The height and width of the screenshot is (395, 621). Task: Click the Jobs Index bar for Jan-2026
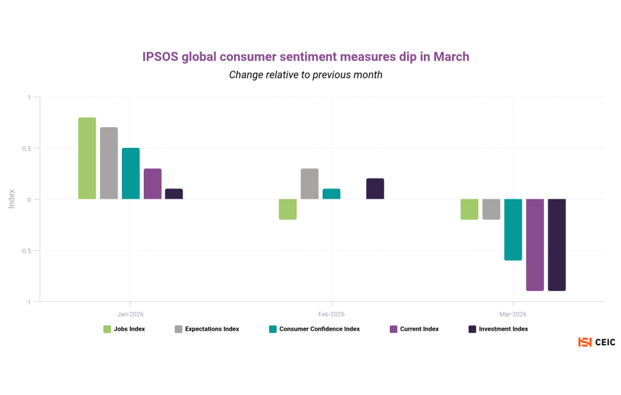click(x=87, y=158)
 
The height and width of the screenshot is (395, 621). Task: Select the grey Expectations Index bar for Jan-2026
click(x=109, y=163)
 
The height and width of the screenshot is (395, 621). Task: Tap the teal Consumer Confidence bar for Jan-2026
click(x=130, y=173)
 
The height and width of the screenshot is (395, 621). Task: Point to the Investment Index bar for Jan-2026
click(x=174, y=194)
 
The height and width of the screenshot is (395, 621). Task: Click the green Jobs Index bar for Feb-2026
click(x=287, y=209)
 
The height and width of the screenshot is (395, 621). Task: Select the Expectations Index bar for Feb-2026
click(x=309, y=184)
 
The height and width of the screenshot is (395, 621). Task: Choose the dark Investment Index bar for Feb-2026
click(x=375, y=188)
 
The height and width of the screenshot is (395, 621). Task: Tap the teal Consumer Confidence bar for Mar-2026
click(x=513, y=230)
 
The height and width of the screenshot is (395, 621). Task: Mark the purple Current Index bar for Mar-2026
click(x=535, y=245)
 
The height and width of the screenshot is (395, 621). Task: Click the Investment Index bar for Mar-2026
click(x=557, y=245)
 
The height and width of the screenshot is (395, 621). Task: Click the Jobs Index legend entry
click(x=124, y=329)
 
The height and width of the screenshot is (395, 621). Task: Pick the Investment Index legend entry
click(x=498, y=329)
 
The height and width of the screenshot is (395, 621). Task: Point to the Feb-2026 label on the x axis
click(x=331, y=314)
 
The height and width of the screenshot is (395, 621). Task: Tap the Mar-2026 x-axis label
click(x=513, y=314)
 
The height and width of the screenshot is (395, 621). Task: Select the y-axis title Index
click(x=12, y=199)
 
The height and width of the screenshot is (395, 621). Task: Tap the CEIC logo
click(x=597, y=342)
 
